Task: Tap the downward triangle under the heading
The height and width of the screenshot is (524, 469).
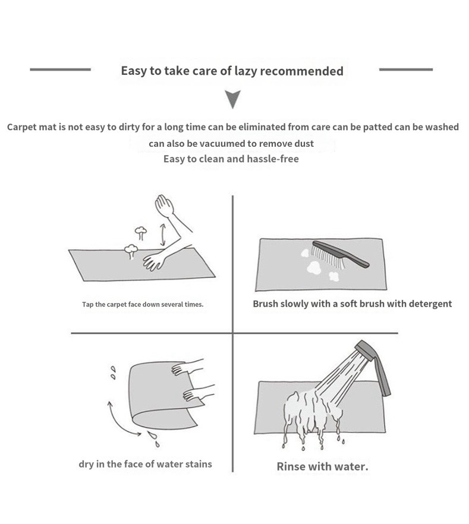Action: coord(232,99)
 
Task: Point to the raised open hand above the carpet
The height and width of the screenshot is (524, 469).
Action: coord(165,204)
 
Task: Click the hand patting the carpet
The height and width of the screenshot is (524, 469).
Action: coord(155,261)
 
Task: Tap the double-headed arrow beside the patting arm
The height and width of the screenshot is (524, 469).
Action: coord(163,235)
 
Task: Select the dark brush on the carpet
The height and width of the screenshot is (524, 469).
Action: coord(340,255)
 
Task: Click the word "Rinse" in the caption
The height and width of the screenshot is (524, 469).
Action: coord(291,466)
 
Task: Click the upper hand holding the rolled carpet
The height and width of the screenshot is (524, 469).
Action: coord(187,367)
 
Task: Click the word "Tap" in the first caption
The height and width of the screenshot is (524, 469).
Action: coord(87,304)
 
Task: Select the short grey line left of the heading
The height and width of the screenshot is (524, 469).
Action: coord(60,70)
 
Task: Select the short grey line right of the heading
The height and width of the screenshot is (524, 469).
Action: coord(406,70)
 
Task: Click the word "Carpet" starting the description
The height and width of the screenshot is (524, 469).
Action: coord(20,128)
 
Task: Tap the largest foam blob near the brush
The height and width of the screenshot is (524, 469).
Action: coord(314,267)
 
